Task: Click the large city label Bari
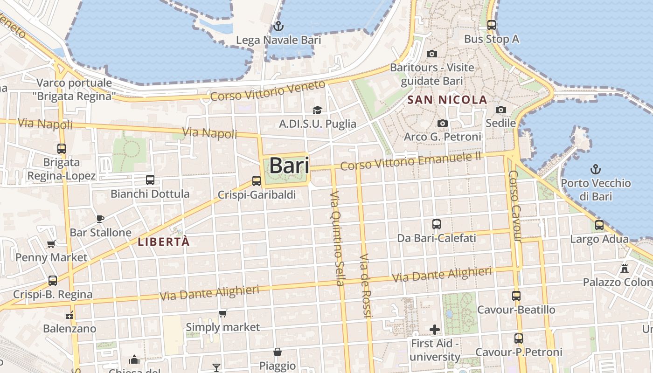click(x=289, y=166)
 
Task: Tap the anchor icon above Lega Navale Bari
click(x=278, y=26)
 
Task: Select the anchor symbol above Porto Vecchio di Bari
click(x=596, y=169)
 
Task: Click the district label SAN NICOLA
click(x=447, y=100)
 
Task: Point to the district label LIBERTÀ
click(x=164, y=242)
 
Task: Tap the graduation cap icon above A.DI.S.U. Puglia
click(x=317, y=110)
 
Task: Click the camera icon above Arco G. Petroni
click(x=442, y=123)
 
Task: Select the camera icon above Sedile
click(x=501, y=110)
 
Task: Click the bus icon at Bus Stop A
click(x=492, y=25)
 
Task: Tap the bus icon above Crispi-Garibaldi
click(x=257, y=181)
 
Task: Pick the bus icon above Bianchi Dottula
click(x=150, y=180)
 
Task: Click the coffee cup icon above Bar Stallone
click(x=100, y=218)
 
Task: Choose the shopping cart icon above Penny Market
click(x=51, y=243)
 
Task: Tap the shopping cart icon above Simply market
click(x=223, y=313)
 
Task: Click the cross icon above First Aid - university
click(x=435, y=330)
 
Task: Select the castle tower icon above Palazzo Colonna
click(x=625, y=269)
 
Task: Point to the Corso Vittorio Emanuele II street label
click(x=410, y=161)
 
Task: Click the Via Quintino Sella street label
click(x=337, y=238)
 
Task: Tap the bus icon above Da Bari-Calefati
click(x=437, y=224)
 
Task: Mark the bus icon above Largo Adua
click(x=599, y=226)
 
